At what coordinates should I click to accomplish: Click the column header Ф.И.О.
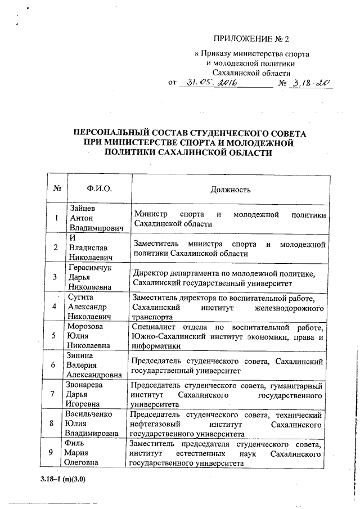coord(100,189)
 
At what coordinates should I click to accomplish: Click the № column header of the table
coord(56,189)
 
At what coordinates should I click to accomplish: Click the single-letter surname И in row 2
coord(70,238)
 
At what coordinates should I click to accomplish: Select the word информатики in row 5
coord(155,346)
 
